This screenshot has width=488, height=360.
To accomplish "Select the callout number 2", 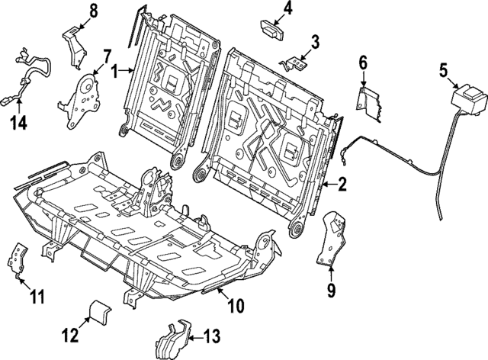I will click(342, 183).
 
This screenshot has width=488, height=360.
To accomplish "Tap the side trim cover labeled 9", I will click(330, 238).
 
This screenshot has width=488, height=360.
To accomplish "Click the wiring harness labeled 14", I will click(27, 72).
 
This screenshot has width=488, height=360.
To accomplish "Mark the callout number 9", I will click(331, 290).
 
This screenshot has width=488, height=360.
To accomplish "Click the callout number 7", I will click(107, 55).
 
